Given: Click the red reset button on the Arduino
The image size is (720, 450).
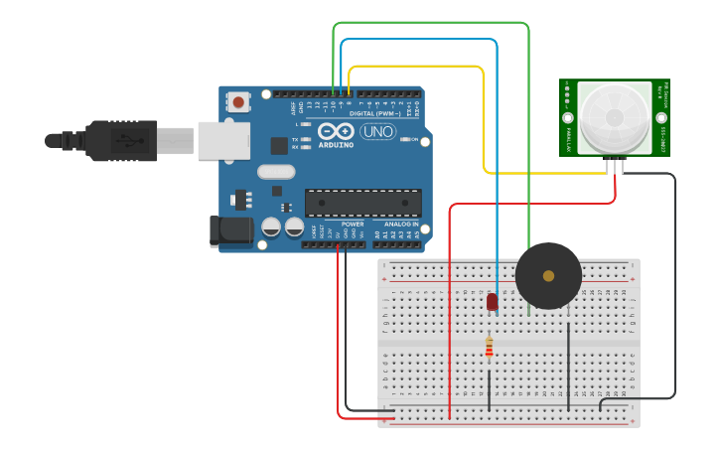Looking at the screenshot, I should (x=239, y=100).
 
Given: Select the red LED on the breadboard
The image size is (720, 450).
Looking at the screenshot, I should (x=492, y=301).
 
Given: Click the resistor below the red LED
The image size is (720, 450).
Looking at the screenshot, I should (x=489, y=346).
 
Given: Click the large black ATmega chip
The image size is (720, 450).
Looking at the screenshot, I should (x=362, y=202).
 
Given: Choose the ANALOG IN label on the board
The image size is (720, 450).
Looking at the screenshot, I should (x=402, y=225).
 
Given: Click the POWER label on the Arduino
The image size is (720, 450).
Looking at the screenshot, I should (x=353, y=225).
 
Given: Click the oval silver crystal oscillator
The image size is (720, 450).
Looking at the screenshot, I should (x=276, y=171).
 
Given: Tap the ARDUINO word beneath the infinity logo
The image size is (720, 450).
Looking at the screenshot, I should (x=336, y=145).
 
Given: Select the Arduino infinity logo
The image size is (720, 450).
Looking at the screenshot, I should (x=336, y=131).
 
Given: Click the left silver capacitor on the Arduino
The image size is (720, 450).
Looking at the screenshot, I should (x=271, y=227).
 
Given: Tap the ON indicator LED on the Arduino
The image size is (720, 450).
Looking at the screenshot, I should (x=406, y=140).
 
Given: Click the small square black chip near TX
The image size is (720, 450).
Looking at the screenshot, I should (x=279, y=145).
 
